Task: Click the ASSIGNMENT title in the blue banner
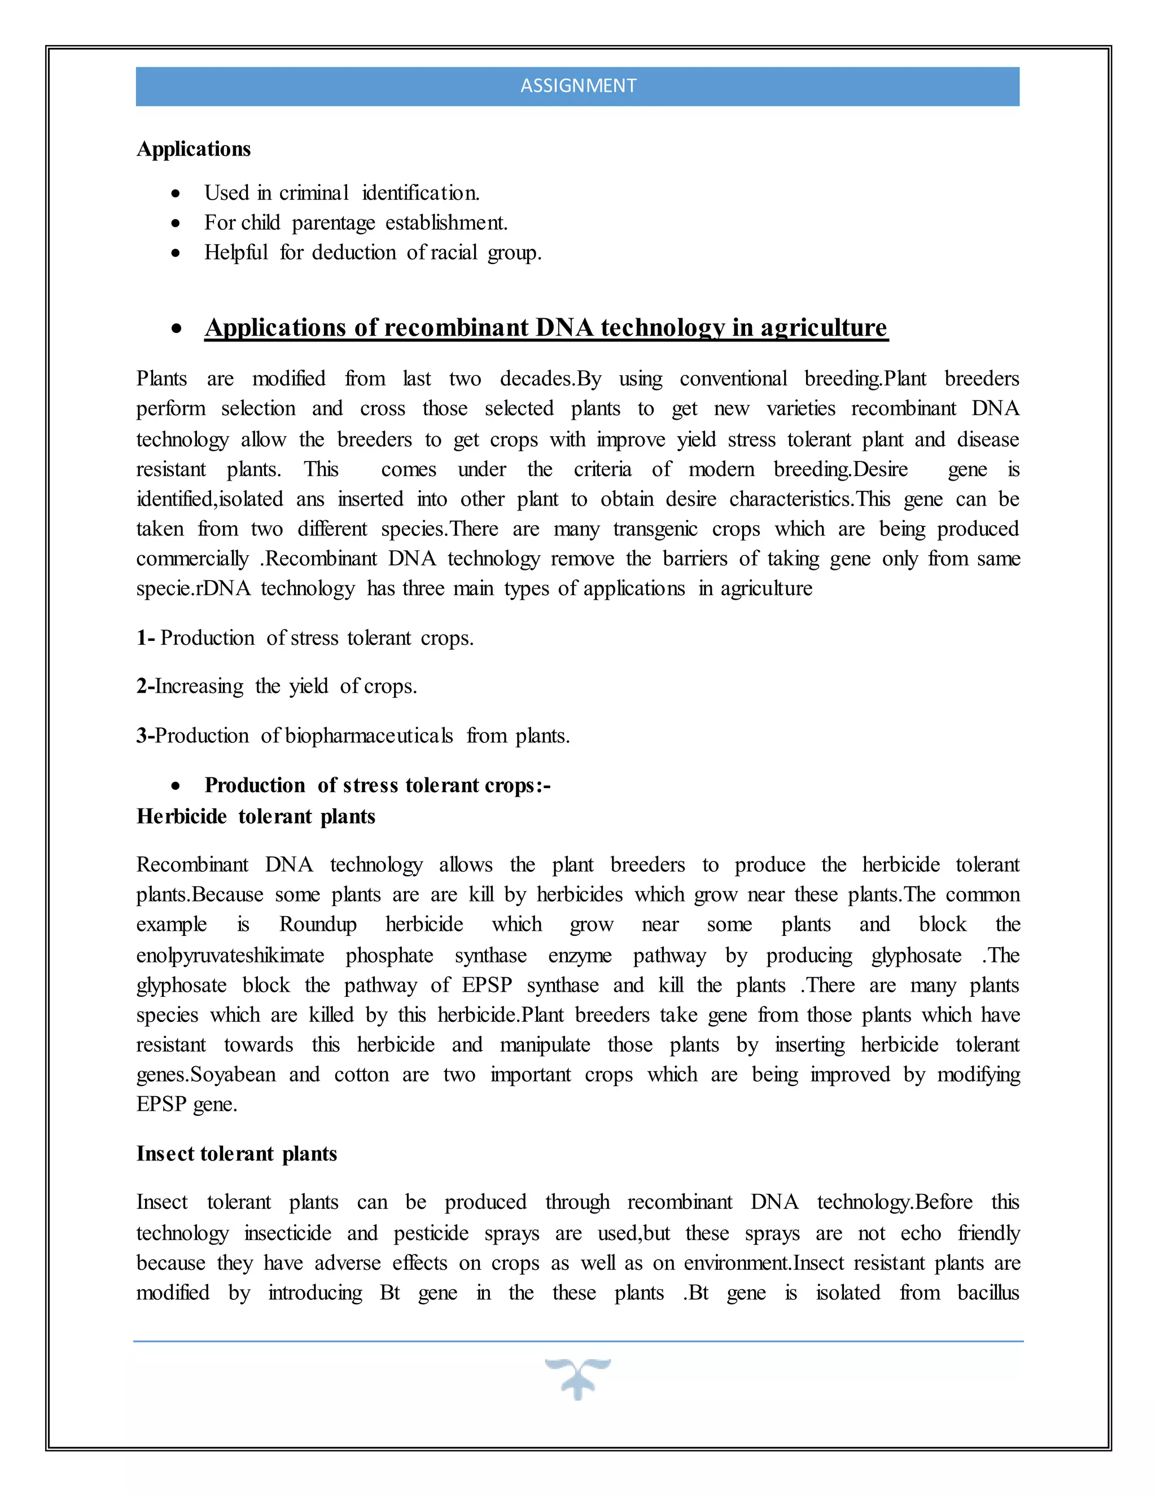pyautogui.click(x=578, y=86)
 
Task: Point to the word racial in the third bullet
pyautogui.click(x=453, y=253)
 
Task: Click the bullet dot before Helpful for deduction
pyautogui.click(x=176, y=253)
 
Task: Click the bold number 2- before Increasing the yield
pyautogui.click(x=145, y=686)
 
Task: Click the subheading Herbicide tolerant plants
pyautogui.click(x=256, y=817)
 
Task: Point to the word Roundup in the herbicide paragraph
pyautogui.click(x=318, y=925)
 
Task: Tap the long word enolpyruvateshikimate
pyautogui.click(x=230, y=956)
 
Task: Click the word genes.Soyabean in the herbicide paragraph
pyautogui.click(x=205, y=1075)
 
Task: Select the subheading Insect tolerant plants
pyautogui.click(x=237, y=1154)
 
